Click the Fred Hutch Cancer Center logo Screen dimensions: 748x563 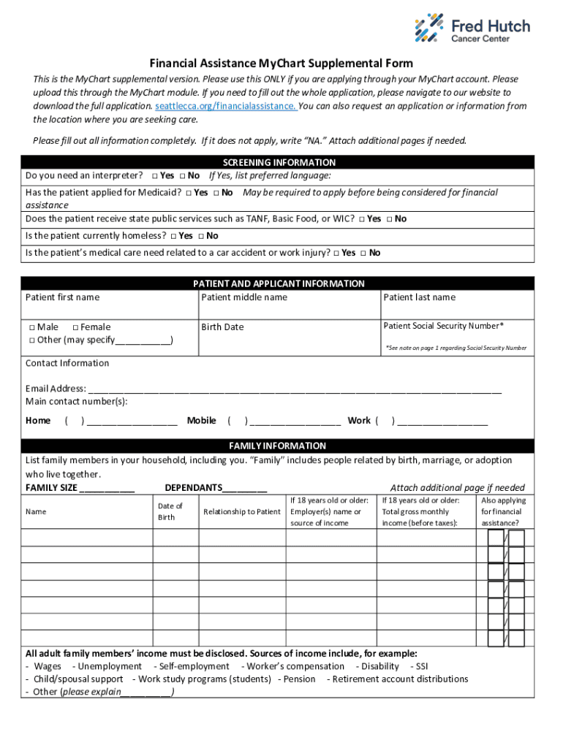coord(472,28)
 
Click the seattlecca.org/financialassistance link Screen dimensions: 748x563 coord(225,106)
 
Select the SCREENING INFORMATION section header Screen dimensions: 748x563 coord(279,162)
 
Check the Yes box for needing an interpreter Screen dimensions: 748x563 coord(156,176)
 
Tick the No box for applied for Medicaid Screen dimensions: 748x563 coord(216,193)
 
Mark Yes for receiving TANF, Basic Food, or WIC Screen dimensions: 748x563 coord(361,219)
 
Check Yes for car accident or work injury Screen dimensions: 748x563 coord(336,253)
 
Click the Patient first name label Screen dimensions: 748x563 coord(62,297)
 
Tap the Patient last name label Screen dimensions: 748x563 coord(419,297)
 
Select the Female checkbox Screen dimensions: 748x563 coord(76,327)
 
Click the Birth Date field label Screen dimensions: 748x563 coord(222,327)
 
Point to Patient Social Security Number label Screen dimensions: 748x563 coord(443,326)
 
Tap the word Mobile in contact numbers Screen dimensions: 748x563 coord(201,421)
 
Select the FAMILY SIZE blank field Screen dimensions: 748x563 coord(107,489)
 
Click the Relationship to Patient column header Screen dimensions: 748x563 coord(241,512)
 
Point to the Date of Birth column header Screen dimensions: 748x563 coord(170,511)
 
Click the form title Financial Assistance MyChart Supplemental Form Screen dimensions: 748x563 coord(281,64)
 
